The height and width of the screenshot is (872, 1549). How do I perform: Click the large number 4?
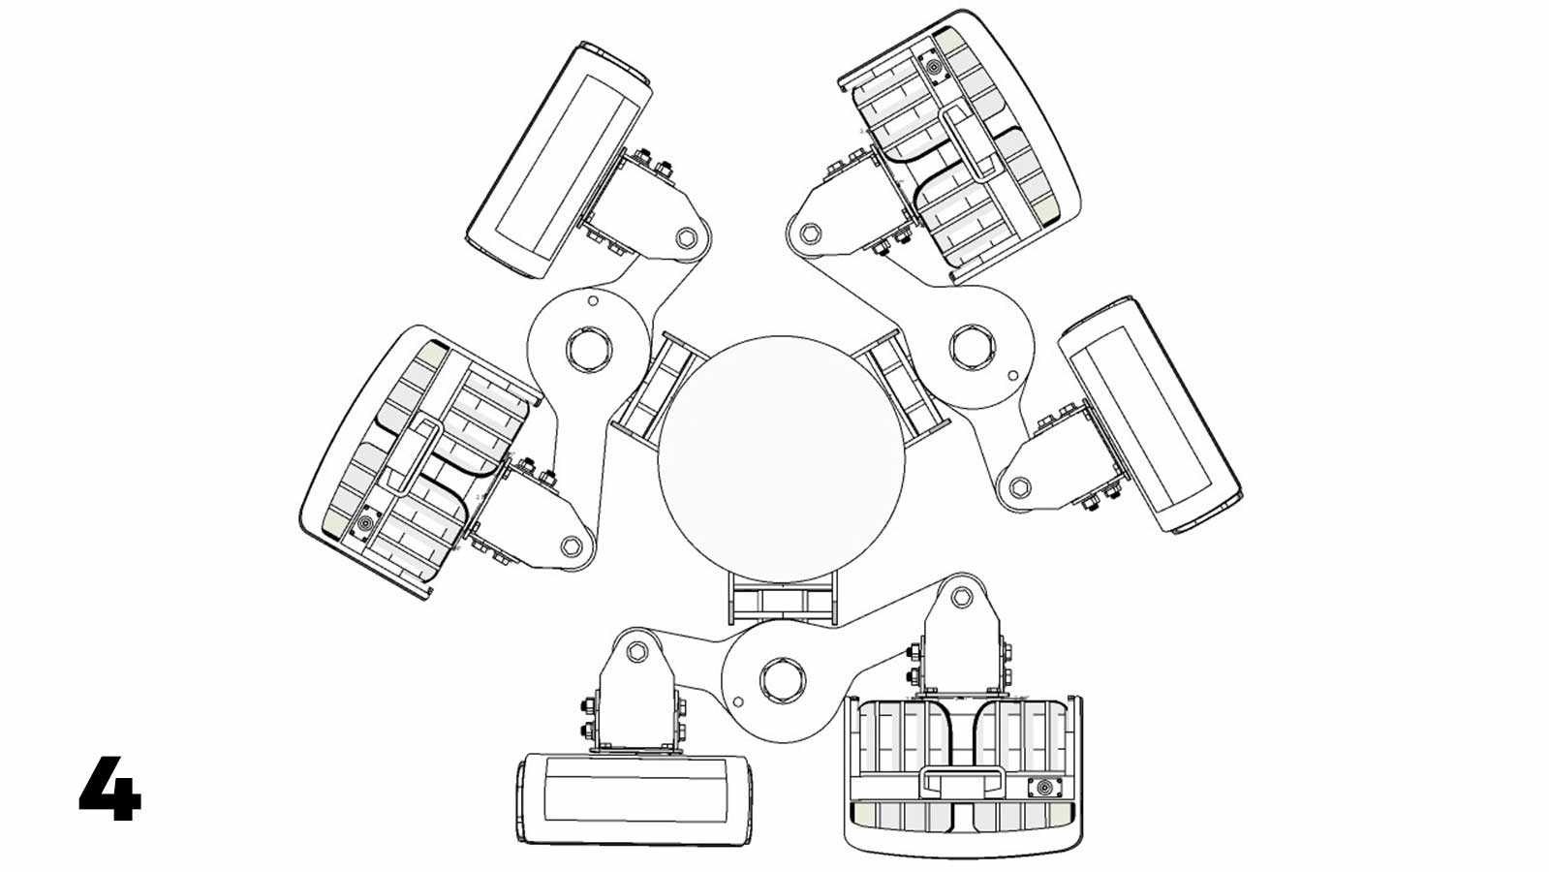click(110, 789)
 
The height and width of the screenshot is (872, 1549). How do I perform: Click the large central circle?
click(782, 460)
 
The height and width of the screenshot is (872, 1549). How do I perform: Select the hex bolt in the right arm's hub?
click(972, 346)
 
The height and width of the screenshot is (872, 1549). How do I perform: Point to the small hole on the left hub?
click(593, 300)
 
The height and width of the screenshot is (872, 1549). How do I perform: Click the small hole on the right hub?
click(1013, 376)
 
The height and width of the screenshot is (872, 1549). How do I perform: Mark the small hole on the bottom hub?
click(738, 701)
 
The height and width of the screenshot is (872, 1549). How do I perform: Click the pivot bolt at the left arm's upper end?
click(686, 238)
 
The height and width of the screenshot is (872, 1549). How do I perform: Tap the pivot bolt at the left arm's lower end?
click(571, 546)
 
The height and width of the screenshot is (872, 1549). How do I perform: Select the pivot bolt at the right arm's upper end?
click(810, 232)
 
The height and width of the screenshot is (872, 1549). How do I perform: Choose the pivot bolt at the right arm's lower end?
click(1018, 486)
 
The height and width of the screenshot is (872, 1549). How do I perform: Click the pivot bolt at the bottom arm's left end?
click(636, 651)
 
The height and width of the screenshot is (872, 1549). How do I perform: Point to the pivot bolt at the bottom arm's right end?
click(962, 596)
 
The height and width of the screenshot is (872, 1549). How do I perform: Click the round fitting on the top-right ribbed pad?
click(933, 67)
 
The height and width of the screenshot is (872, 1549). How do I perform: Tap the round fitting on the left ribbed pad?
click(363, 523)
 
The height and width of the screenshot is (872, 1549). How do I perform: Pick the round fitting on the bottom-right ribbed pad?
click(1043, 788)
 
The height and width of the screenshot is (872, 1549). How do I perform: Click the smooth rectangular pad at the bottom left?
click(636, 798)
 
